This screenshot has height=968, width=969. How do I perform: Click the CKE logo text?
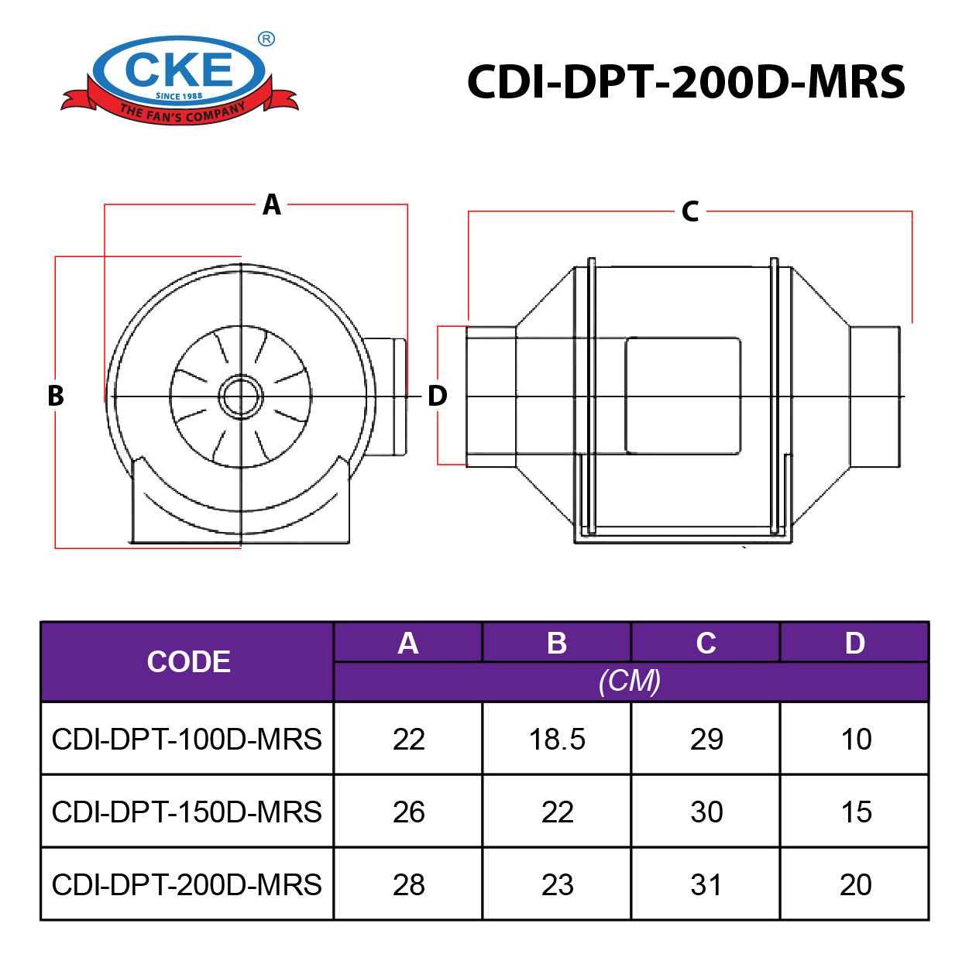pyautogui.click(x=178, y=70)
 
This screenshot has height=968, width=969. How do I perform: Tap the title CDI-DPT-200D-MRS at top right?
pyautogui.click(x=686, y=81)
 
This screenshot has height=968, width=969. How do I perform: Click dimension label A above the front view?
pyautogui.click(x=272, y=204)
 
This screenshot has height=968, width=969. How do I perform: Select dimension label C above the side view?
pyautogui.click(x=690, y=211)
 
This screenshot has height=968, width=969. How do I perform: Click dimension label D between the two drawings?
pyautogui.click(x=437, y=396)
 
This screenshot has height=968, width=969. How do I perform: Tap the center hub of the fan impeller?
pyautogui.click(x=241, y=396)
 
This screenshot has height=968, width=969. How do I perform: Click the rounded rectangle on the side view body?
pyautogui.click(x=682, y=396)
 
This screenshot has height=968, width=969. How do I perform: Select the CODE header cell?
pyautogui.click(x=188, y=661)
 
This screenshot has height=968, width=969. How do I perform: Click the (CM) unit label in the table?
pyautogui.click(x=630, y=681)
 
